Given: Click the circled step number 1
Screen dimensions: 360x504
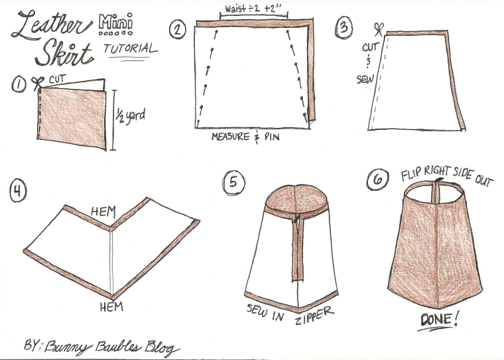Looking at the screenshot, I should coord(19,84).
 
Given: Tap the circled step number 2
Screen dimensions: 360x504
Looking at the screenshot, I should coord(177,30).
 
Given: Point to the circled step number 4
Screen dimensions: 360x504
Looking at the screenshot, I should coord(17,191).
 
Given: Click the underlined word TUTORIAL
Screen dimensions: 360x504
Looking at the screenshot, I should coord(131,49).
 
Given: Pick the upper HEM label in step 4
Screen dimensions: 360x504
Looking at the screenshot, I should coord(103,211).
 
